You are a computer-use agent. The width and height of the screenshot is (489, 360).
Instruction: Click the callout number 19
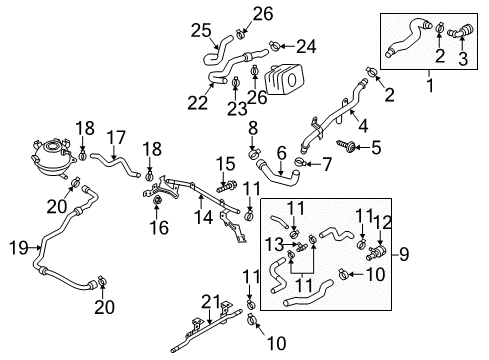[19, 248]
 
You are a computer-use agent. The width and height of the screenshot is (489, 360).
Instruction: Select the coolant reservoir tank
[53, 158]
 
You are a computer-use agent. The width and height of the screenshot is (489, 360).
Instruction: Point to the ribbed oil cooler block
[284, 79]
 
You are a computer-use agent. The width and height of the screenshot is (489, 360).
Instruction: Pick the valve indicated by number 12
[376, 252]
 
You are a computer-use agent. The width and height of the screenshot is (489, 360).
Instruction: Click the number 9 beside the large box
[404, 255]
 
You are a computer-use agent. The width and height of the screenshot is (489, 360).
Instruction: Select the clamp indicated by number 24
[275, 46]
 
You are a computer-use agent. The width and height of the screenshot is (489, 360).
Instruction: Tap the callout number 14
[203, 217]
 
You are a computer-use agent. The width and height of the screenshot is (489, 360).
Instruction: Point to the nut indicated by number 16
[157, 201]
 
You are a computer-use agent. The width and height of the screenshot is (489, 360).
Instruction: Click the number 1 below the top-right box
[430, 85]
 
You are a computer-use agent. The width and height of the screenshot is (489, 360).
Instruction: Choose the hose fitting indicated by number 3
[460, 31]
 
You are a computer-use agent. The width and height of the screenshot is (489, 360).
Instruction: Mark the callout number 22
[198, 103]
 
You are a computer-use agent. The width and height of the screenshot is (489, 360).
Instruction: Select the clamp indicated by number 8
[254, 154]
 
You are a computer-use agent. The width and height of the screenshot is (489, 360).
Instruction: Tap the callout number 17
[116, 138]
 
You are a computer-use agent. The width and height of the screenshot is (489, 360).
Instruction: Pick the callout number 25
[201, 30]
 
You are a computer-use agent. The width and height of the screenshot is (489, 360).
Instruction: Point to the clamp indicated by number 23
[235, 81]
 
